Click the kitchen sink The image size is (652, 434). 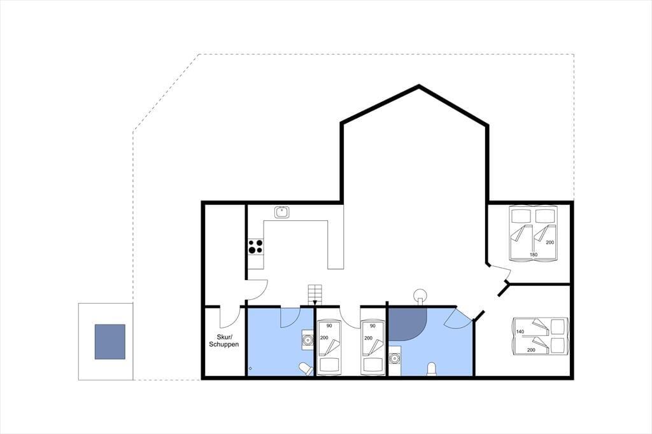click(282, 212)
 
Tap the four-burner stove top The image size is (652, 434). click(256, 246)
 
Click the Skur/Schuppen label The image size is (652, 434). click(223, 340)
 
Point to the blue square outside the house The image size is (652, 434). click(110, 342)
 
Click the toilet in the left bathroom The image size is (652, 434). click(306, 368)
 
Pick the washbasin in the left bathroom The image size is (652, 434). click(308, 340)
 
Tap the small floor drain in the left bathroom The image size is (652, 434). click(250, 368)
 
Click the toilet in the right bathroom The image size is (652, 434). click(432, 368)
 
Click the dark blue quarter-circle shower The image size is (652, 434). click(406, 323)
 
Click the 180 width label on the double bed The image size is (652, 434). click(534, 255)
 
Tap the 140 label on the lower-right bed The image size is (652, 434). click(520, 332)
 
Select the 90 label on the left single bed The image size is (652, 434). click(329, 326)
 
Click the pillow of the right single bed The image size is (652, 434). click(372, 365)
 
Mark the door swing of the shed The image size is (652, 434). click(229, 317)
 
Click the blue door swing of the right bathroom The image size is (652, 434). click(457, 319)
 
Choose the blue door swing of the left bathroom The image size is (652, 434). click(290, 317)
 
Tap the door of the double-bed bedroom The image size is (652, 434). click(501, 272)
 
